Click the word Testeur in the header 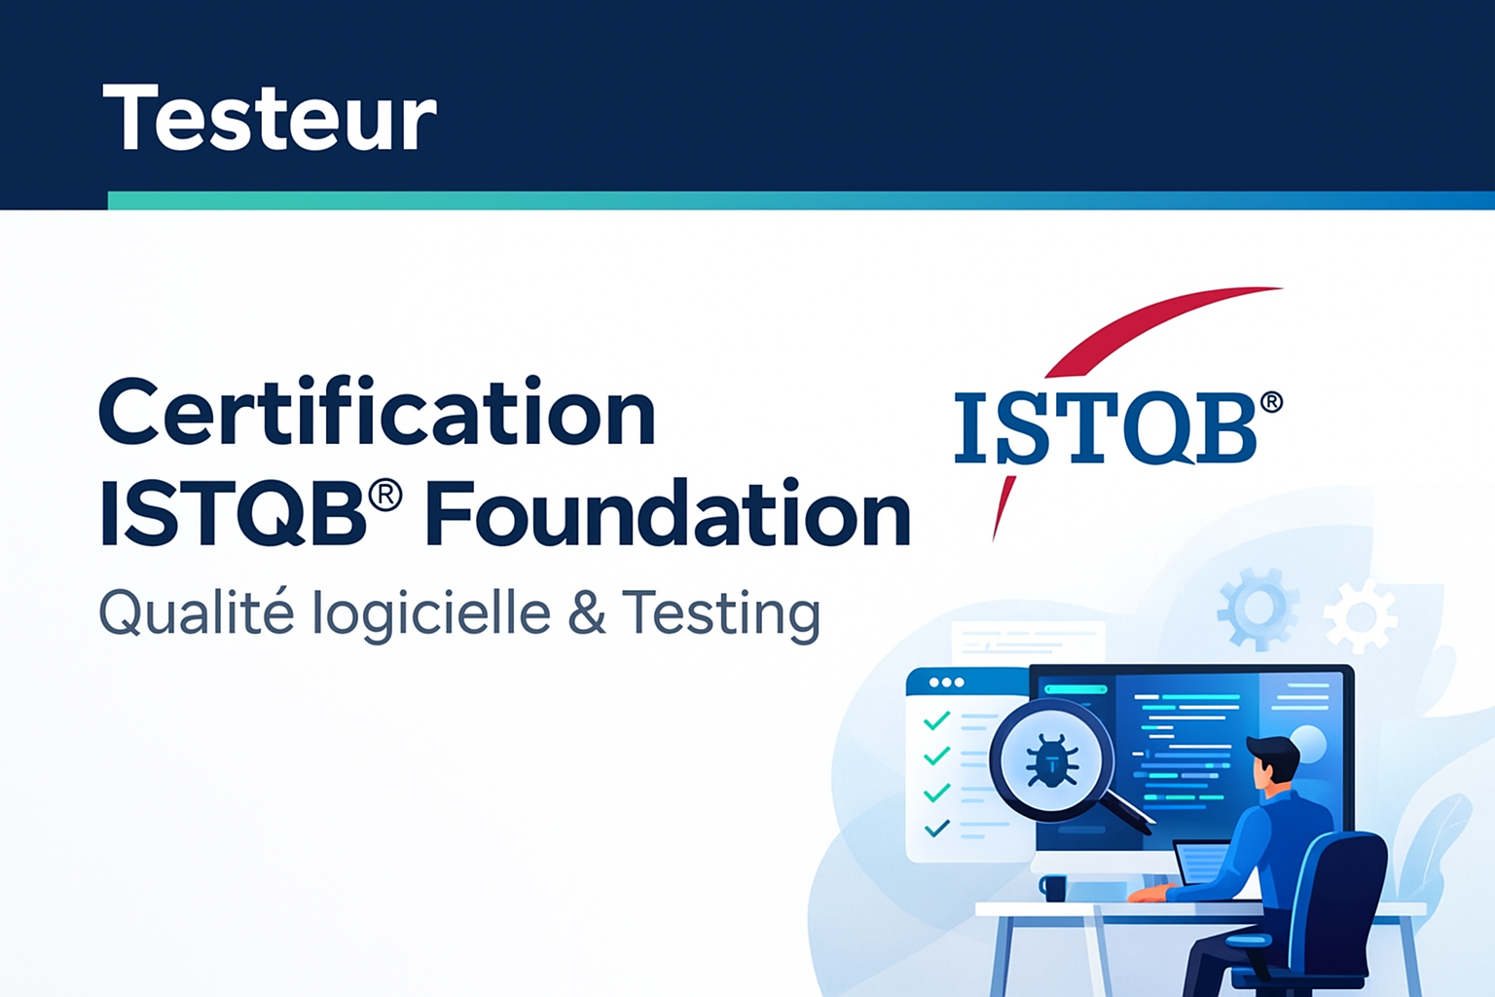click(270, 119)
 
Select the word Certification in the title click(377, 413)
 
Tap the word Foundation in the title click(668, 514)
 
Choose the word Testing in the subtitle click(721, 614)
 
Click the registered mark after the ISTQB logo click(1271, 403)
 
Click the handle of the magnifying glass click(1129, 810)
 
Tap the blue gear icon click(1257, 609)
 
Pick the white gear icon click(1360, 615)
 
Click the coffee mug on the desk click(1053, 887)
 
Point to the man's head click(1273, 760)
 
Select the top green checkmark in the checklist click(936, 721)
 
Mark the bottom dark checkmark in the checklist click(936, 830)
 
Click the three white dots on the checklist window click(946, 683)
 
